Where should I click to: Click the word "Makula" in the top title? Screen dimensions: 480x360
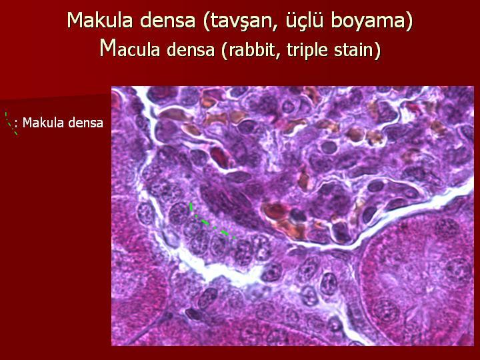point(101,20)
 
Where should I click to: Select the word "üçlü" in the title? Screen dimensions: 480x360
point(304,21)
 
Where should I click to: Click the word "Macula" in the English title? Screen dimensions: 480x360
point(130,48)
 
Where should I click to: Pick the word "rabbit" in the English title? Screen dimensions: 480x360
point(253,49)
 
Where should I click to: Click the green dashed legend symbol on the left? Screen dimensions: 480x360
point(11,123)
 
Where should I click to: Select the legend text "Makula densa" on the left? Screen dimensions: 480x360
point(63,123)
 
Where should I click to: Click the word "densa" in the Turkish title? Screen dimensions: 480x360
point(168,21)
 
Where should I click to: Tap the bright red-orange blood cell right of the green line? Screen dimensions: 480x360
point(275,211)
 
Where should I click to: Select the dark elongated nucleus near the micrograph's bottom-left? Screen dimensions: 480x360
point(193,314)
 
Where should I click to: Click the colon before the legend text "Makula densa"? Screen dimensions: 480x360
point(16,124)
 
